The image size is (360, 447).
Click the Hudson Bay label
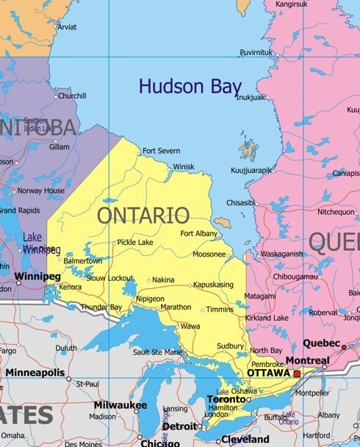click(x=190, y=86)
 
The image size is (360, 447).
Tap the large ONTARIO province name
click(x=143, y=215)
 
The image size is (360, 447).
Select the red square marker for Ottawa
click(x=297, y=373)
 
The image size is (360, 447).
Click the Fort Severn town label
click(x=161, y=151)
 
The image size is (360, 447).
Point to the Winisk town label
click(x=184, y=167)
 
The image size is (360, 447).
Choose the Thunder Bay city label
click(x=101, y=307)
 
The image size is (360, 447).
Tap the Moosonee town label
click(x=209, y=254)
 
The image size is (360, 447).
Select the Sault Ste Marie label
click(x=156, y=352)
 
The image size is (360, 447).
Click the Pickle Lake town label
click(x=135, y=242)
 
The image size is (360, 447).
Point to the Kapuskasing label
click(x=213, y=285)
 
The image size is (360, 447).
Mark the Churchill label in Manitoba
click(x=72, y=96)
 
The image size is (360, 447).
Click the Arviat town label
click(x=67, y=27)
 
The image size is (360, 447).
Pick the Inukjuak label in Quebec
click(x=250, y=97)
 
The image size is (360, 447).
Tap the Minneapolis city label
click(x=36, y=373)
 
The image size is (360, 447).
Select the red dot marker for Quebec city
click(x=343, y=346)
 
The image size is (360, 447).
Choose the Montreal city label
click(x=307, y=361)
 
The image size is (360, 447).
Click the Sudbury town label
click(x=230, y=346)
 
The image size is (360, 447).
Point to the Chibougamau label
click(x=295, y=276)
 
